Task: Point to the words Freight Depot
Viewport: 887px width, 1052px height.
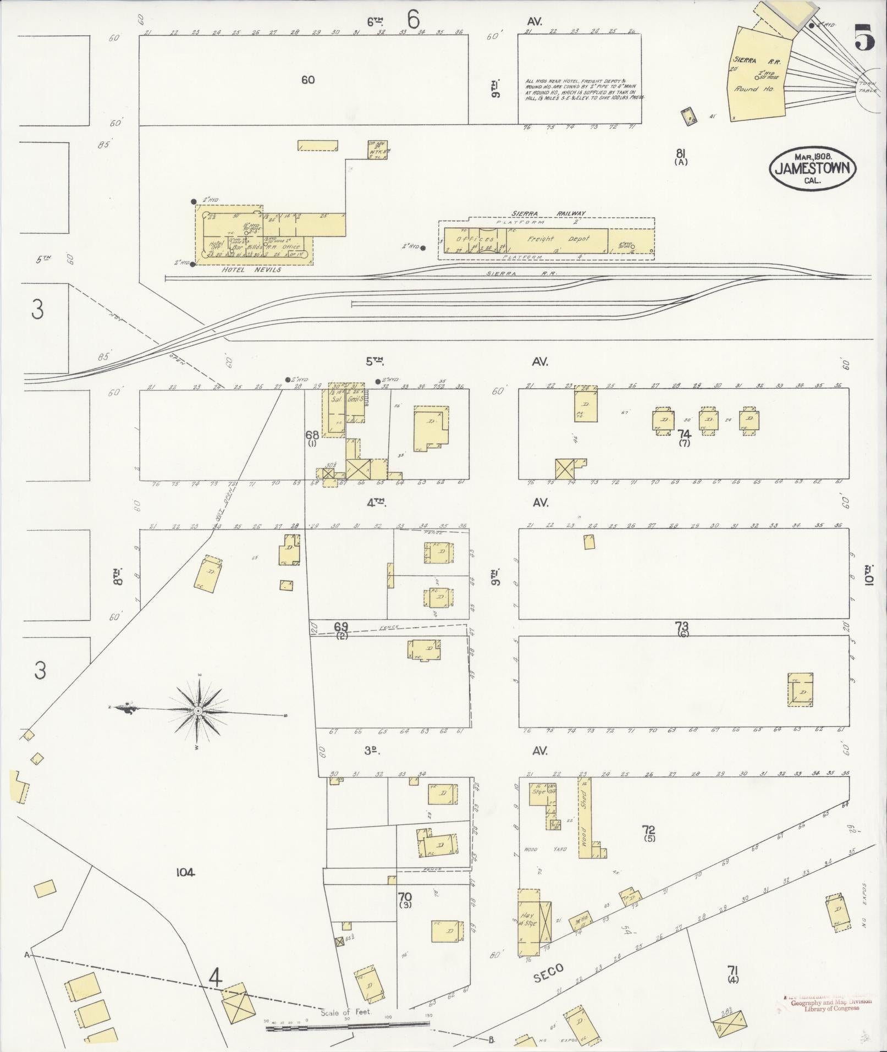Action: click(x=558, y=239)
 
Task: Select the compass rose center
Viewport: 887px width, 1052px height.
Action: click(x=197, y=711)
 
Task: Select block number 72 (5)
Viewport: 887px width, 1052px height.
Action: click(x=649, y=832)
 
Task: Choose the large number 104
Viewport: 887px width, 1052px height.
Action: click(x=186, y=872)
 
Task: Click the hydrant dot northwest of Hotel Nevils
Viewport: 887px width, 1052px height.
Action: click(x=194, y=201)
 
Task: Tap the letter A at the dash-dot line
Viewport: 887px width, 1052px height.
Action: click(x=26, y=955)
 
